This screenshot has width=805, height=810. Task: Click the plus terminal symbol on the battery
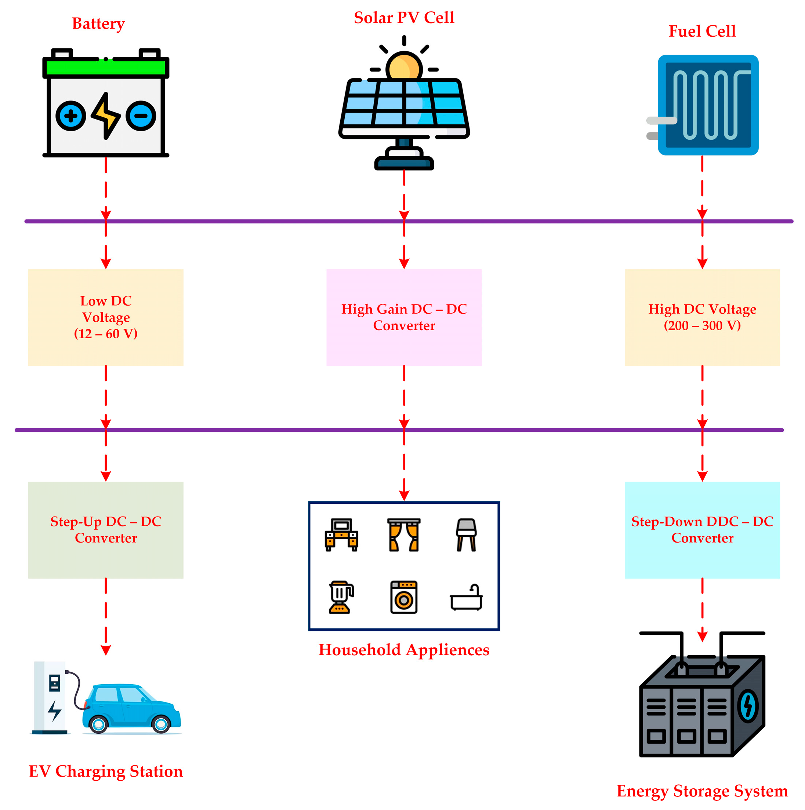pyautogui.click(x=71, y=116)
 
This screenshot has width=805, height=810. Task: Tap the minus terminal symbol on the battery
pyautogui.click(x=141, y=116)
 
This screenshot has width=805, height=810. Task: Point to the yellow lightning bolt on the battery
pyautogui.click(x=106, y=116)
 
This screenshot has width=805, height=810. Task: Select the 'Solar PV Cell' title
pyautogui.click(x=404, y=18)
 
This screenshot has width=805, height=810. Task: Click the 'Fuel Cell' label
pyautogui.click(x=702, y=31)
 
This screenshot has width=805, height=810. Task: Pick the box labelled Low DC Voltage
pyautogui.click(x=106, y=317)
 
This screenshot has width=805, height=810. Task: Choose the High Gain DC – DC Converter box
pyautogui.click(x=404, y=317)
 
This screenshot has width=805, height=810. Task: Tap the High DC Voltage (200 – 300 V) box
pyautogui.click(x=702, y=317)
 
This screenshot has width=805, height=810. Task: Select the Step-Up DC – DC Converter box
pyautogui.click(x=106, y=530)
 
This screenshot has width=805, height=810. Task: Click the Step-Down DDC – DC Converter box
pyautogui.click(x=702, y=530)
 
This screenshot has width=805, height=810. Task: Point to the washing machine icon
pyautogui.click(x=403, y=597)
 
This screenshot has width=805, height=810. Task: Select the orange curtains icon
pyautogui.click(x=403, y=535)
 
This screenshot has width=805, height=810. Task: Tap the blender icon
pyautogui.click(x=341, y=597)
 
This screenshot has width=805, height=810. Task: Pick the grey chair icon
pyautogui.click(x=466, y=535)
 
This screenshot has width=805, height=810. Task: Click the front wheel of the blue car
pyautogui.click(x=161, y=724)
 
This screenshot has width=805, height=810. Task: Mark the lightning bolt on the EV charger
pyautogui.click(x=55, y=710)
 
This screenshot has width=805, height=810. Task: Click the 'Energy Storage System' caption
pyautogui.click(x=702, y=791)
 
